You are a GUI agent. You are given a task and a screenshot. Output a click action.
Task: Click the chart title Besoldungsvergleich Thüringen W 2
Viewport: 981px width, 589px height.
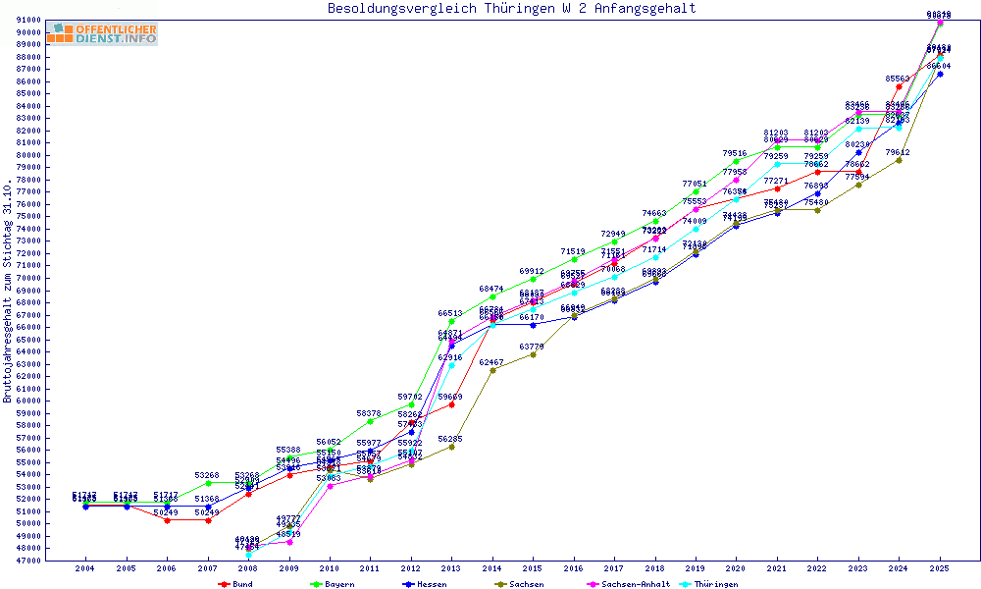coord(511,9)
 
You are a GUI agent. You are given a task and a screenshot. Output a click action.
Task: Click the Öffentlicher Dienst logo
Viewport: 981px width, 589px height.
coord(101,34)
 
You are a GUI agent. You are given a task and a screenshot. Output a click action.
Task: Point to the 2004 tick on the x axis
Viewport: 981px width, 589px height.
coord(85,568)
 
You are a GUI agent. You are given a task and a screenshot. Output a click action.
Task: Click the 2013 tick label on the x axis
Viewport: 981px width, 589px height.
coord(451,568)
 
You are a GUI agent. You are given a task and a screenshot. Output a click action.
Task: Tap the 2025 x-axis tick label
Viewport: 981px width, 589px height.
coord(940,568)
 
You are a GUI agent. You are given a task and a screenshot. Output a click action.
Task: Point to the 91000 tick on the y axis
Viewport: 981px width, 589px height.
coord(27,21)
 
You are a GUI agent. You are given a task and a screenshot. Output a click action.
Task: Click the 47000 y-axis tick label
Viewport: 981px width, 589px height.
coord(27,561)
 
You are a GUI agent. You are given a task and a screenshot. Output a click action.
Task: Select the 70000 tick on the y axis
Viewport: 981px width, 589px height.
coord(27,278)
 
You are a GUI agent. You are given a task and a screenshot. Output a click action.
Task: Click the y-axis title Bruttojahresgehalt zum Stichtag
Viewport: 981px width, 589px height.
coord(9,292)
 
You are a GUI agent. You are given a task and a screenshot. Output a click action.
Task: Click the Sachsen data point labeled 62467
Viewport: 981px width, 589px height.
coord(492,370)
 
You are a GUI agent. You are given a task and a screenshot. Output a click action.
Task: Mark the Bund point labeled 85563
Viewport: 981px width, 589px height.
coord(899,86)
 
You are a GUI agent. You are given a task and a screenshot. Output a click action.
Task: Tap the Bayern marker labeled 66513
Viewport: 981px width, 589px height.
coord(451,321)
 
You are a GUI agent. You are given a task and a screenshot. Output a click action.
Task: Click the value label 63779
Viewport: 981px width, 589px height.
coord(532,347)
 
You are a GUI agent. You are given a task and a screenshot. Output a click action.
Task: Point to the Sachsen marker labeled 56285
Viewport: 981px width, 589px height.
coord(451,447)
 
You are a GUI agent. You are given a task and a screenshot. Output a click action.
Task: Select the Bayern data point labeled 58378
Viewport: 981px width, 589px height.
coord(370,421)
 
